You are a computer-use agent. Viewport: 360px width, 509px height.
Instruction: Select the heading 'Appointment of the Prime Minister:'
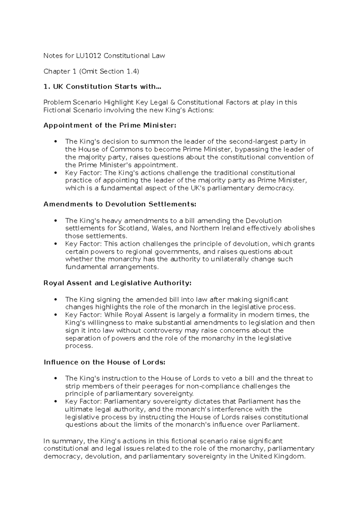tap(110, 125)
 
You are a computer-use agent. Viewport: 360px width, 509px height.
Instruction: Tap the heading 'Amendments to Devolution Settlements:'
tap(120, 204)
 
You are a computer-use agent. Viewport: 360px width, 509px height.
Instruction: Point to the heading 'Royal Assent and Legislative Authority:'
tap(117, 283)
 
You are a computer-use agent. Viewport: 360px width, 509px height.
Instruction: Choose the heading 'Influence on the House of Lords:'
tap(104, 362)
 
